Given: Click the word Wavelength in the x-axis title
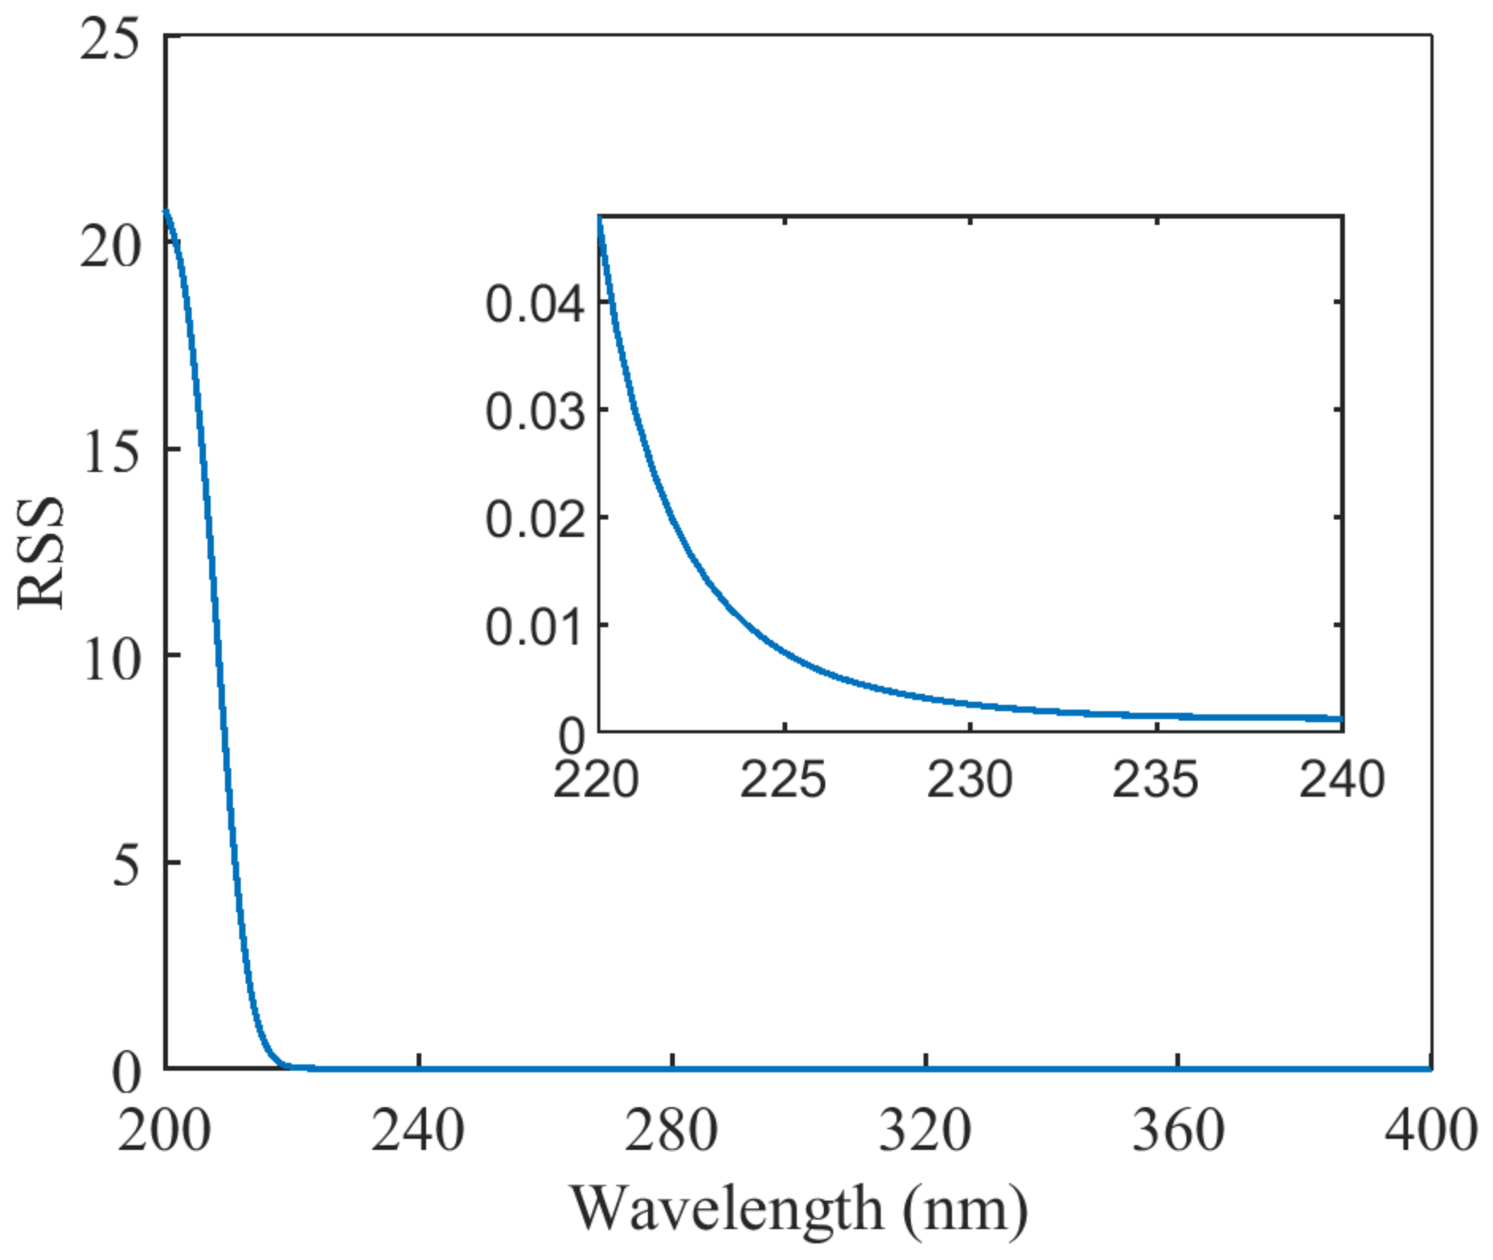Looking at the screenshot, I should pyautogui.click(x=726, y=1210).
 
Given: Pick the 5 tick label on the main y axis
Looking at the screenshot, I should pyautogui.click(x=127, y=866).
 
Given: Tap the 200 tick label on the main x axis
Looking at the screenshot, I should pyautogui.click(x=165, y=1131).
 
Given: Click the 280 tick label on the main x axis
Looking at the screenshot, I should pyautogui.click(x=671, y=1131).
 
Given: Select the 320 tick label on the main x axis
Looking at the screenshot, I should pyautogui.click(x=924, y=1131).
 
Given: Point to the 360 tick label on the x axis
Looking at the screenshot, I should pyautogui.click(x=1178, y=1131).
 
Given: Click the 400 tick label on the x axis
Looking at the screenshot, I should pyautogui.click(x=1430, y=1131).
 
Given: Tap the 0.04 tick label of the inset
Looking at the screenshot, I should pyautogui.click(x=535, y=305).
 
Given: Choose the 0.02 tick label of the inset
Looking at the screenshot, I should pyautogui.click(x=535, y=520).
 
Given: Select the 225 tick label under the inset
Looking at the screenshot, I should pyautogui.click(x=783, y=781).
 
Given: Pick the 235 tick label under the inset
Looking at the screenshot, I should pyautogui.click(x=1156, y=781).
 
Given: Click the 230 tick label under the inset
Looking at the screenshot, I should pyautogui.click(x=969, y=781).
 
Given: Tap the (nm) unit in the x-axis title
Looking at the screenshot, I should pyautogui.click(x=965, y=1210).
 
